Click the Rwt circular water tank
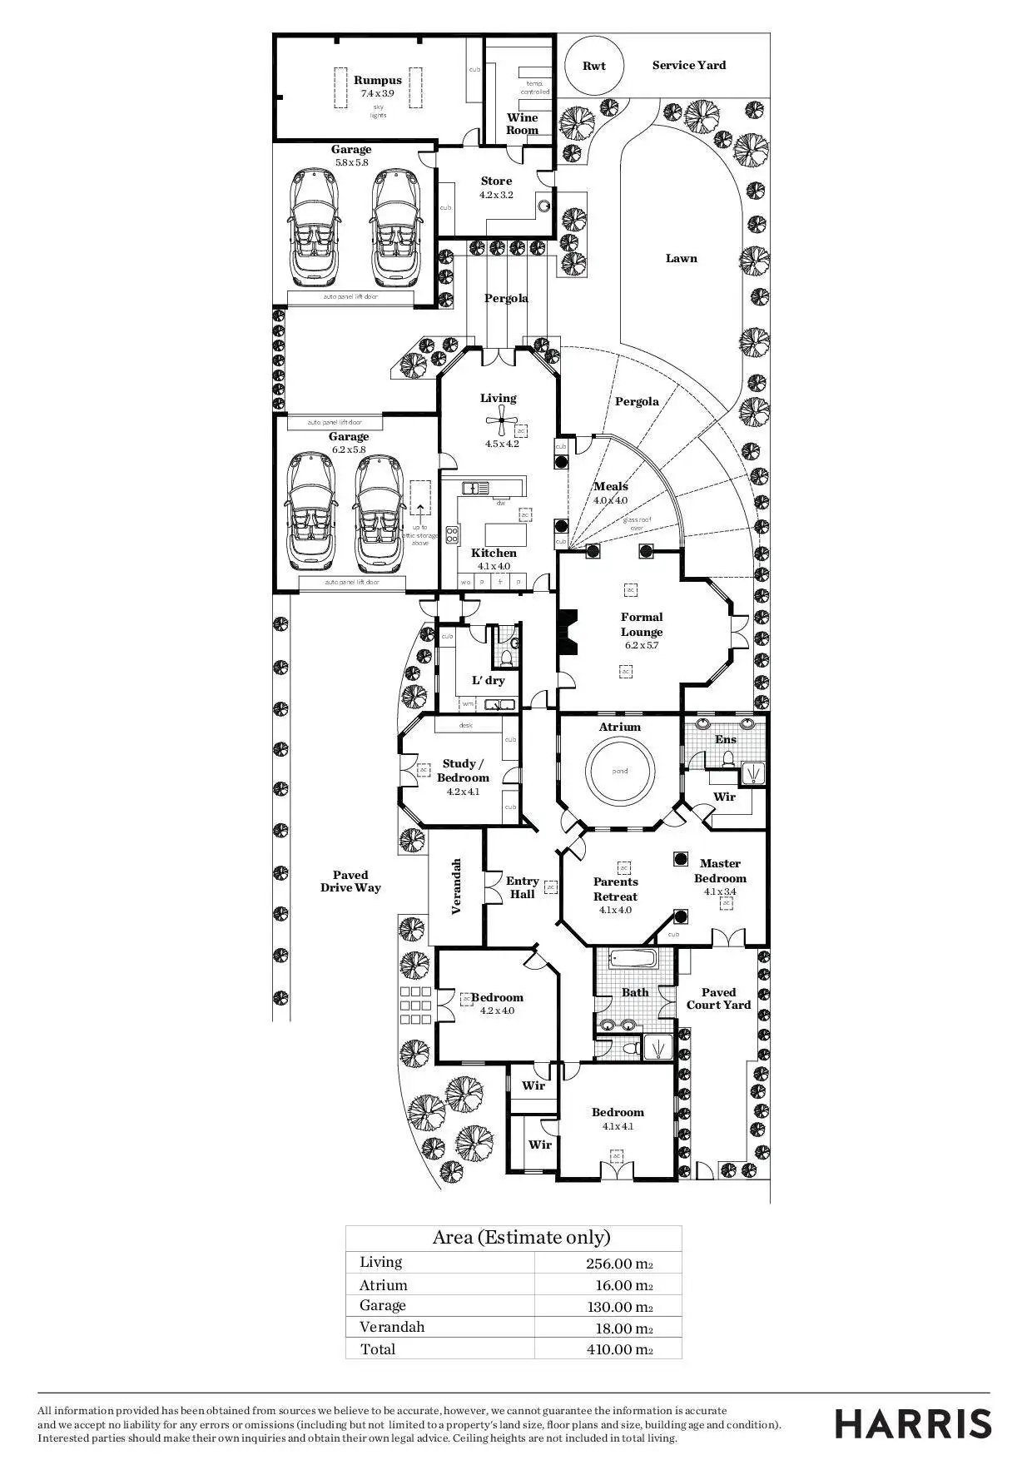[x=593, y=66]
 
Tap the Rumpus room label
[x=378, y=81]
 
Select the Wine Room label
[x=523, y=124]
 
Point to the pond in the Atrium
[x=620, y=771]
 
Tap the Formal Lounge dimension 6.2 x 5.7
[x=641, y=645]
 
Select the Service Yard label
[x=688, y=65]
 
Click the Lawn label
[x=681, y=258]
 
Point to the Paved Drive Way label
[x=350, y=881]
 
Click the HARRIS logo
[x=913, y=1423]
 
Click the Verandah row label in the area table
[x=392, y=1327]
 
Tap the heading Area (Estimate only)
[x=521, y=1237]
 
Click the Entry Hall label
[x=522, y=887]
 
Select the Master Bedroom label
[x=720, y=871]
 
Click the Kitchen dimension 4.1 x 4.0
[x=494, y=566]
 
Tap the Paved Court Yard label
[x=718, y=998]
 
